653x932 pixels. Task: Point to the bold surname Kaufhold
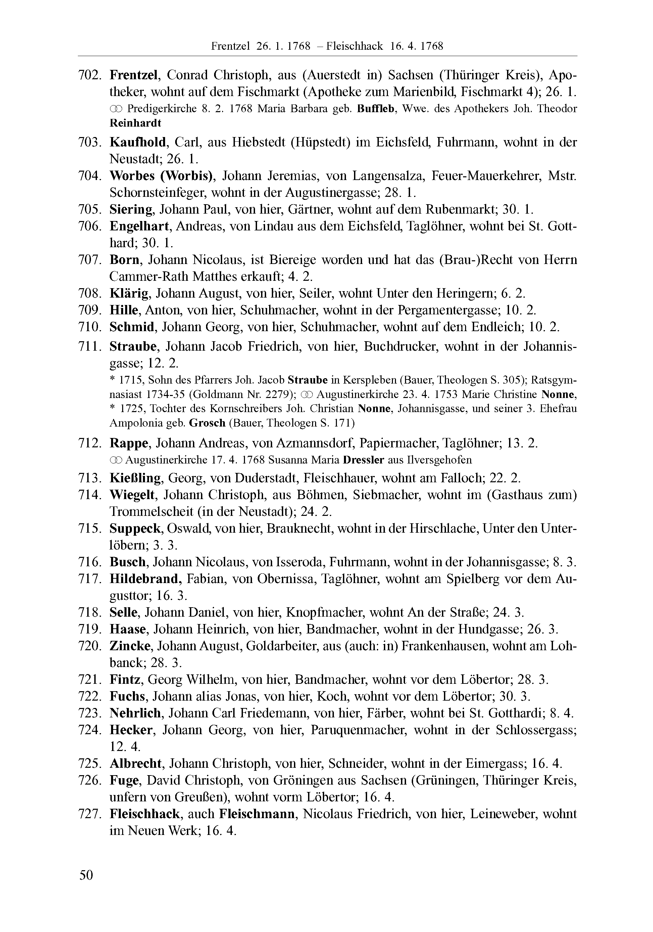pyautogui.click(x=138, y=142)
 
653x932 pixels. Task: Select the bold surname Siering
pyautogui.click(x=131, y=210)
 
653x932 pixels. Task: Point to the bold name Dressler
pyautogui.click(x=363, y=460)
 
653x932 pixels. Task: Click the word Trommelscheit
pyautogui.click(x=151, y=512)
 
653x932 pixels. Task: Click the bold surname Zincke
pyautogui.click(x=130, y=646)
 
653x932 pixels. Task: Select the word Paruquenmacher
pyautogui.click(x=358, y=730)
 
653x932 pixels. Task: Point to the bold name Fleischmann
pyautogui.click(x=257, y=814)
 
